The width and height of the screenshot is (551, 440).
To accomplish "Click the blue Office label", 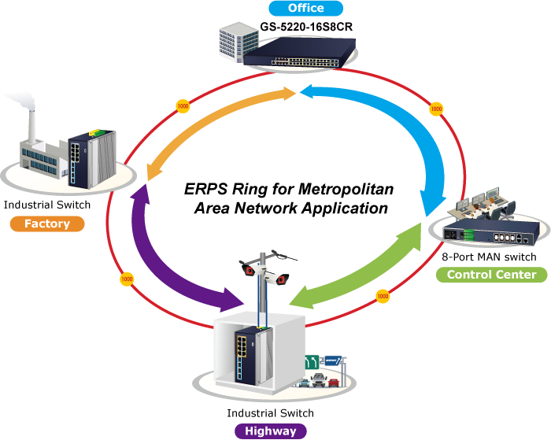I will click(x=306, y=9).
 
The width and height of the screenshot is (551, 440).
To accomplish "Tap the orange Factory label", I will click(x=46, y=224).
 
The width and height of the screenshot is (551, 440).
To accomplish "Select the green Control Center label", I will click(x=491, y=275).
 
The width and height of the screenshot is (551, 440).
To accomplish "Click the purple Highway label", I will click(x=270, y=431).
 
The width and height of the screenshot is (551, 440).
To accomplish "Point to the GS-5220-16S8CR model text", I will click(x=305, y=27).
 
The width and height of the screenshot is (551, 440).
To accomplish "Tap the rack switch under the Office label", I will click(x=306, y=51).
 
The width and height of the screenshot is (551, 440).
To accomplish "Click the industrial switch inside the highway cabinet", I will click(x=244, y=354).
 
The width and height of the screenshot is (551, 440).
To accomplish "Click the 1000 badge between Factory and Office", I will click(x=183, y=105).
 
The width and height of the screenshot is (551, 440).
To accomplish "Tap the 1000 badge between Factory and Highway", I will click(x=124, y=279).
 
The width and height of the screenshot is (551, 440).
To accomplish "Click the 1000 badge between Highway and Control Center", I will click(x=383, y=297).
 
